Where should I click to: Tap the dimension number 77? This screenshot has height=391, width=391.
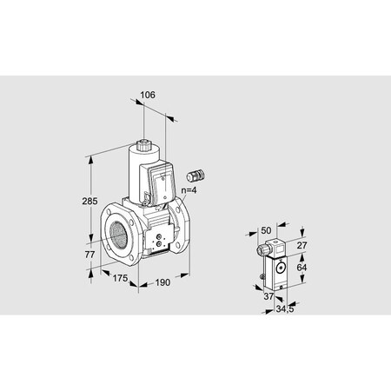coord(77,255)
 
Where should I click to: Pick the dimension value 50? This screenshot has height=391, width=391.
coord(267,230)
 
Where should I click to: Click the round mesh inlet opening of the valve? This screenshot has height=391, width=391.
coord(116,234)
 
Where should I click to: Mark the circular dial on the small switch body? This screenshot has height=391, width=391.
coord(282,268)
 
